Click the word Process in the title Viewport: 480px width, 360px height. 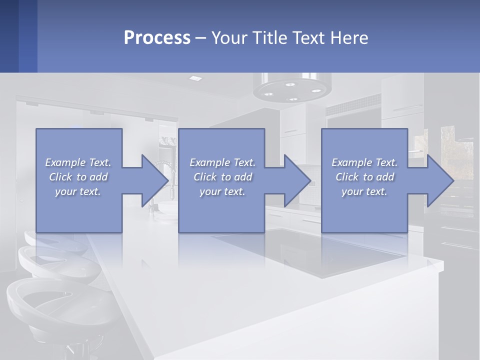click(x=157, y=37)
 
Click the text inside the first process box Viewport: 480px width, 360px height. click(x=78, y=177)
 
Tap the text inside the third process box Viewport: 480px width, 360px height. click(x=364, y=177)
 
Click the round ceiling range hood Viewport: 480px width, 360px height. click(x=293, y=88)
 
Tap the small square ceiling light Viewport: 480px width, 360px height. click(x=195, y=78)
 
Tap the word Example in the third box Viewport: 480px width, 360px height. click(x=351, y=162)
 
